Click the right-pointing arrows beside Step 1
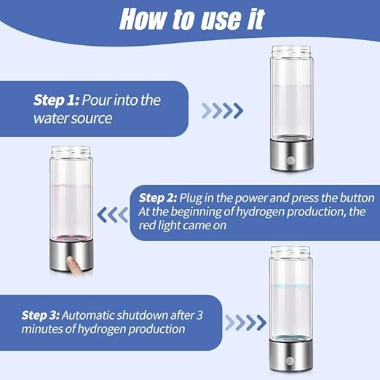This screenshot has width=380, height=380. pos(222,111)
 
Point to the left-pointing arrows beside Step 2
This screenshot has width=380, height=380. pos(113,214)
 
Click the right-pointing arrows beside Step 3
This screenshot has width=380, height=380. pos(244,322)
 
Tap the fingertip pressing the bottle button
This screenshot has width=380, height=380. pos(71,260)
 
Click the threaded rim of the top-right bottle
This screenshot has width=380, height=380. pos(291,52)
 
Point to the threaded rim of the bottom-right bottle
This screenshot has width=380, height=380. pos(290,252)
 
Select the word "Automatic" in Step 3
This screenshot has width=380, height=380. pos(87,315)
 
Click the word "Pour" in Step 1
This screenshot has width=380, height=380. pos(95,100)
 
